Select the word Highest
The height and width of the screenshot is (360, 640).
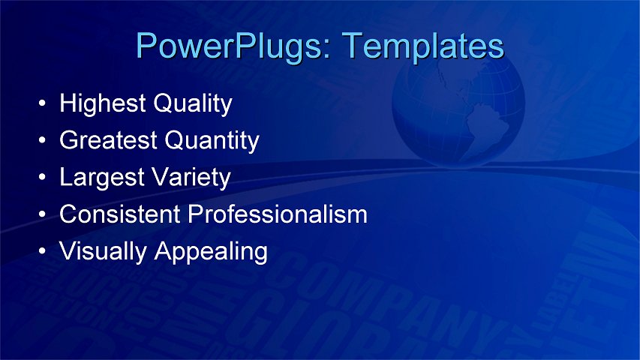point(103,103)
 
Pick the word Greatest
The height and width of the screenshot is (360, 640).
point(110,140)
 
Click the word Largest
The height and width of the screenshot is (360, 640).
point(103,178)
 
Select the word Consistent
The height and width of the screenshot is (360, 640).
point(120,214)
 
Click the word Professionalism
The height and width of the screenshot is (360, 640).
point(278,214)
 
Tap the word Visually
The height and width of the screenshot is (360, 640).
point(104,251)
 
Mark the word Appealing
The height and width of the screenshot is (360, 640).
point(211,251)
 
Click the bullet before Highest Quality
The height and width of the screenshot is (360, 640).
point(44,104)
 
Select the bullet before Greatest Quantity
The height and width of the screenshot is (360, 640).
point(44,141)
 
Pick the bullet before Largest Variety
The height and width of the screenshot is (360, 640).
point(44,178)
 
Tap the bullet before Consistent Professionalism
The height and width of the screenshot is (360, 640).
point(44,215)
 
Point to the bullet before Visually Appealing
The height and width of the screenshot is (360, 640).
point(44,252)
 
